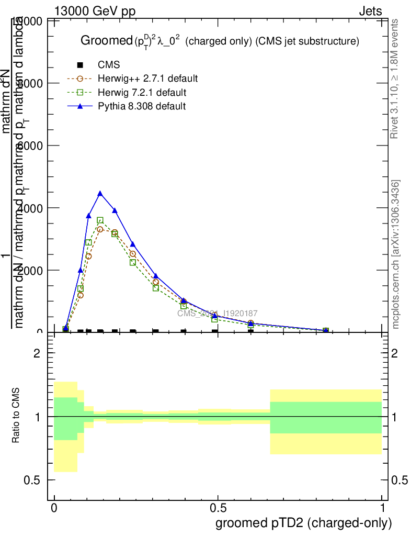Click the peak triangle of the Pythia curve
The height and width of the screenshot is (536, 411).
point(100,194)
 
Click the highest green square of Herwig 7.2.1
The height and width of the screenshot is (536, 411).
point(100,220)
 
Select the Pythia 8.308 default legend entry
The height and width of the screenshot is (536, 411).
point(142,106)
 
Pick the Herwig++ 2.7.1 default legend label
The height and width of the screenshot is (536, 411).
point(147,79)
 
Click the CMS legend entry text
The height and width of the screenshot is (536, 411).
point(109,65)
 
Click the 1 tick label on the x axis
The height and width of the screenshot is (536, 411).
point(382,508)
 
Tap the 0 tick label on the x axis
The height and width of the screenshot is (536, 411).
point(54,508)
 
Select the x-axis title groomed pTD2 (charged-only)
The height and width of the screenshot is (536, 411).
point(303,523)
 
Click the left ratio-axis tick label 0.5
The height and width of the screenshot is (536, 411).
point(33,480)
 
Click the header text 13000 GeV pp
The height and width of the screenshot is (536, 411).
point(95,12)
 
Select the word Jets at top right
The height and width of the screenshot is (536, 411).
point(370,12)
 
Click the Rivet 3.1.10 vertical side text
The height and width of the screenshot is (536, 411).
point(395,79)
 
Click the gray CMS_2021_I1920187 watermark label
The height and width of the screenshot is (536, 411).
point(217,313)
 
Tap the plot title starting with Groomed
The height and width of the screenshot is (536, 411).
point(220,41)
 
